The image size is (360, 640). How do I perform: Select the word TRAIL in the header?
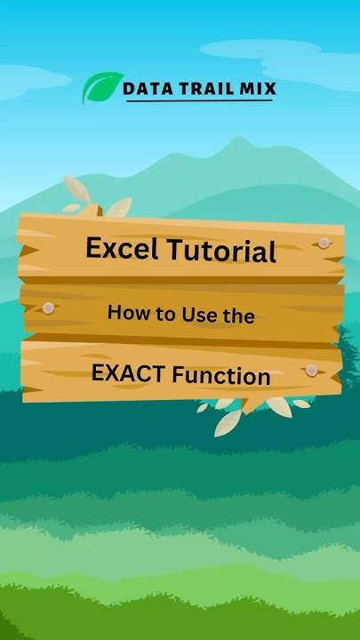[206, 88]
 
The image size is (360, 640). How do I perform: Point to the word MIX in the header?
[255, 88]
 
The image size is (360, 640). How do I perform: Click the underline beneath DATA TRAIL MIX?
[198, 101]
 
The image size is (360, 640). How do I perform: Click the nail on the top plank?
[324, 242]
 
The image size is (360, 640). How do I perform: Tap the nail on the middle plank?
[48, 308]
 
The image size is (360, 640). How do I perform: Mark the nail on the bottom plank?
[311, 369]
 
